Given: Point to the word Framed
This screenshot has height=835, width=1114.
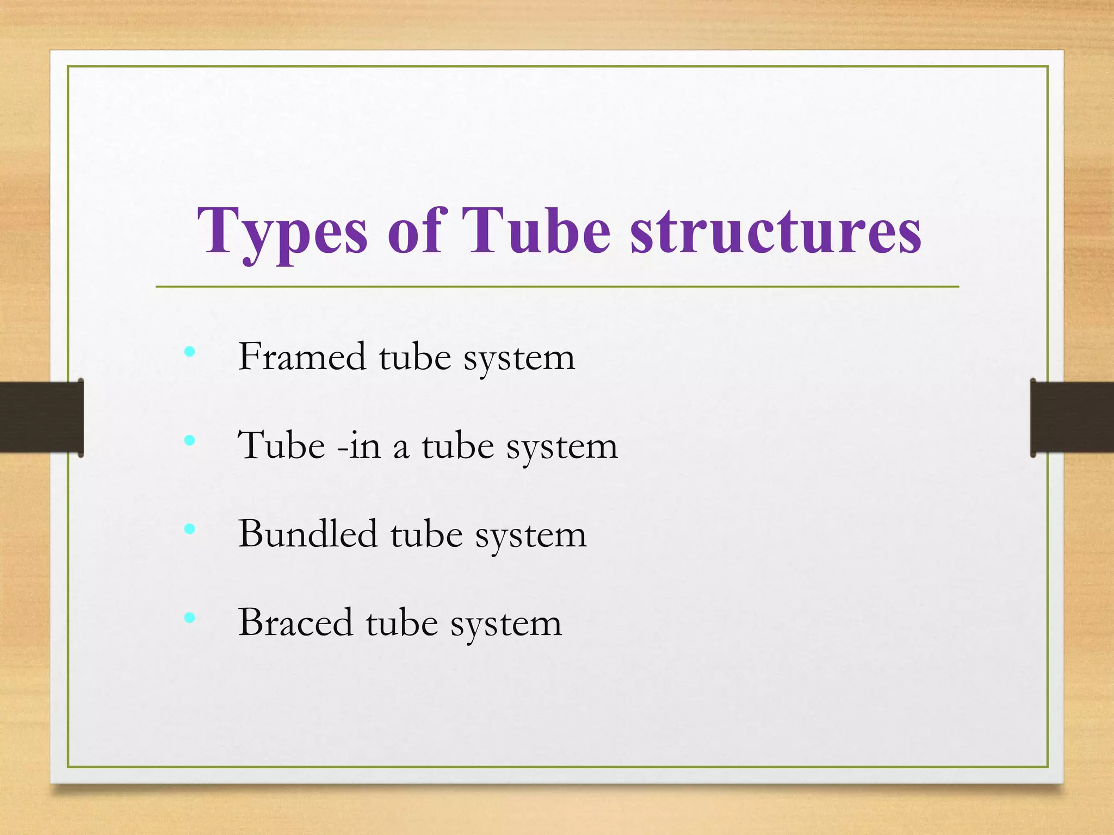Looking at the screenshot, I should click(x=302, y=357).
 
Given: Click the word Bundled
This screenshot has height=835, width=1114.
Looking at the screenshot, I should click(x=308, y=534).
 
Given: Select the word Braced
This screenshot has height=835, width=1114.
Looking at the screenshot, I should click(x=295, y=622).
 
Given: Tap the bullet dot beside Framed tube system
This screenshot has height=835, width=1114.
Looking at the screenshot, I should click(x=189, y=352).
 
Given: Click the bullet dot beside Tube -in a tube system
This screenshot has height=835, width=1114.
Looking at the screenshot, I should click(x=189, y=440).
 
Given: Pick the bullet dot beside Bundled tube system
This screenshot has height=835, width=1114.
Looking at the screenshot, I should click(x=189, y=529).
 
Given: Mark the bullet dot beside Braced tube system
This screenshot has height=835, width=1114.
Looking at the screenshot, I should click(x=189, y=618).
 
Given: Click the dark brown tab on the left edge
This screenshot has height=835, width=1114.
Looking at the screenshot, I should click(x=41, y=417).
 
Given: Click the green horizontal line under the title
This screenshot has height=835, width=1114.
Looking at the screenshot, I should click(x=557, y=286).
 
